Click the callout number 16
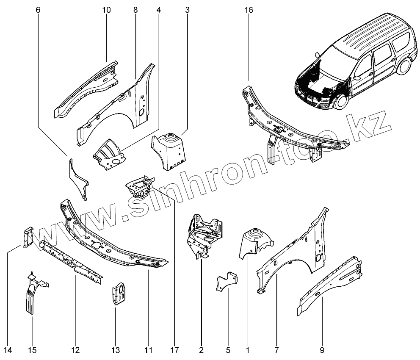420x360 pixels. [x=249, y=10]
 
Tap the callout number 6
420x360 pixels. [x=39, y=10]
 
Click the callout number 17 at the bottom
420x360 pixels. [x=174, y=350]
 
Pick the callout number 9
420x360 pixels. [x=322, y=350]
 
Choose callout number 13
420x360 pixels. [x=116, y=350]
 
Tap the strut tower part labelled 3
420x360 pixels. [x=169, y=150]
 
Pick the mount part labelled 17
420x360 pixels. [x=138, y=186]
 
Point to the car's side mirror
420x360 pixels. [x=356, y=78]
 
